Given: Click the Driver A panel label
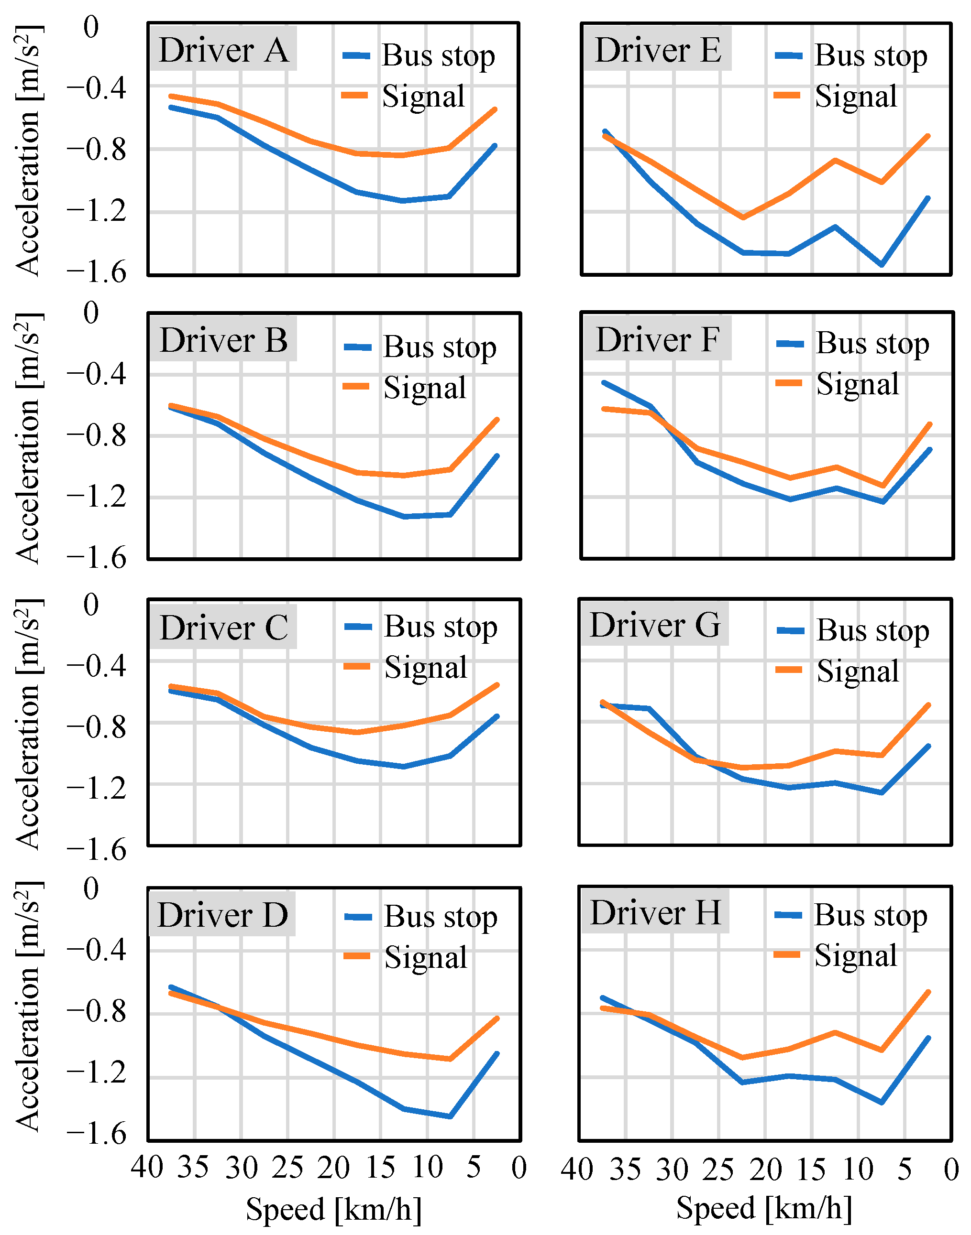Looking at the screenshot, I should point(223,51).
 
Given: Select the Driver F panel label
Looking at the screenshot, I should point(657,340).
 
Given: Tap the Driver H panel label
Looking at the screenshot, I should point(655,912).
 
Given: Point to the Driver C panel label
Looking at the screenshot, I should point(223,628).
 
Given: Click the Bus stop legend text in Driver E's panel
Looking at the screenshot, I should point(871,55).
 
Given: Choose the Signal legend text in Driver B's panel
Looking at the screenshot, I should point(425,388).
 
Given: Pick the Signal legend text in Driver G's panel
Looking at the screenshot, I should point(857,671).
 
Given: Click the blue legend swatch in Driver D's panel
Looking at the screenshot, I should point(358,917).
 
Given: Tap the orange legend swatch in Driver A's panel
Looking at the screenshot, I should point(355,96).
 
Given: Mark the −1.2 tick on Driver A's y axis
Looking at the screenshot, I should point(96,211).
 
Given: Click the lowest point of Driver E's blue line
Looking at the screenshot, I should point(882,265).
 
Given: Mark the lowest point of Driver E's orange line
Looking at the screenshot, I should point(743,217).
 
